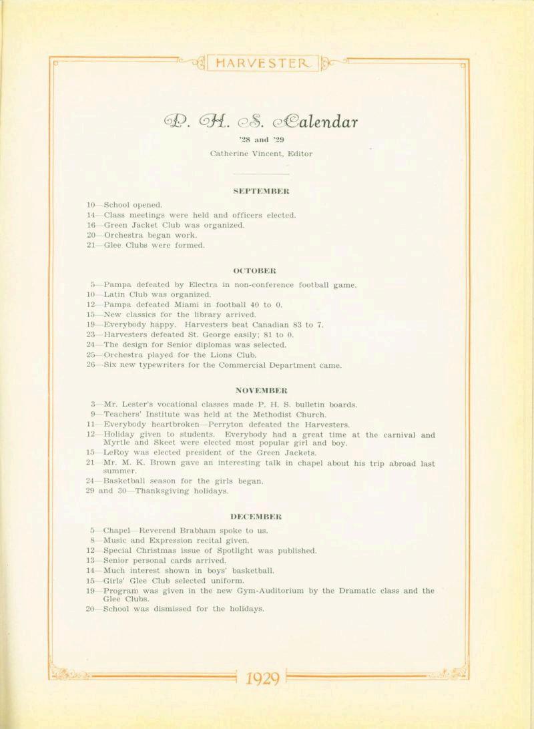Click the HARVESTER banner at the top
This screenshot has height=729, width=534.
tap(263, 64)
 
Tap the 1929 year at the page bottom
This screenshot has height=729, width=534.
tap(261, 679)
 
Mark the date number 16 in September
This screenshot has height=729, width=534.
tap(91, 225)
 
